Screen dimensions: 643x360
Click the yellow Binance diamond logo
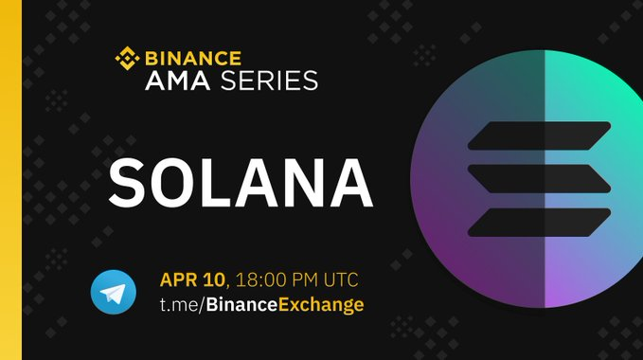click(x=127, y=58)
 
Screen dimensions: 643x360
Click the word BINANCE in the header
click(x=193, y=58)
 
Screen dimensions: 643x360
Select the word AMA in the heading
click(x=178, y=81)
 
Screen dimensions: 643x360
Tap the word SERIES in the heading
click(x=270, y=81)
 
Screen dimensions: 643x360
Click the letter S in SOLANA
click(x=128, y=183)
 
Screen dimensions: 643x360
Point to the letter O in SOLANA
click(x=174, y=183)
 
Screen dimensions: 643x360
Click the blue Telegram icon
click(x=114, y=292)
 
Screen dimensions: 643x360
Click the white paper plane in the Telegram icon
click(x=113, y=293)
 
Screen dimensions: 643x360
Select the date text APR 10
click(x=192, y=279)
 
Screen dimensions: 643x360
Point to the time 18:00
click(x=260, y=279)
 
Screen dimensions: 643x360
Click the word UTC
click(x=341, y=279)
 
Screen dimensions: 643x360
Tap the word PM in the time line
click(x=305, y=279)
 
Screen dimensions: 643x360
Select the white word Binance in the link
click(x=241, y=305)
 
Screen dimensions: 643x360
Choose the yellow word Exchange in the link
click(x=321, y=306)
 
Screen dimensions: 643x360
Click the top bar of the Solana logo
click(x=539, y=135)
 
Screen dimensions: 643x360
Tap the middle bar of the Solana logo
click(x=539, y=179)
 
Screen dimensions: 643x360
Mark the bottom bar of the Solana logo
click(x=539, y=223)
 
